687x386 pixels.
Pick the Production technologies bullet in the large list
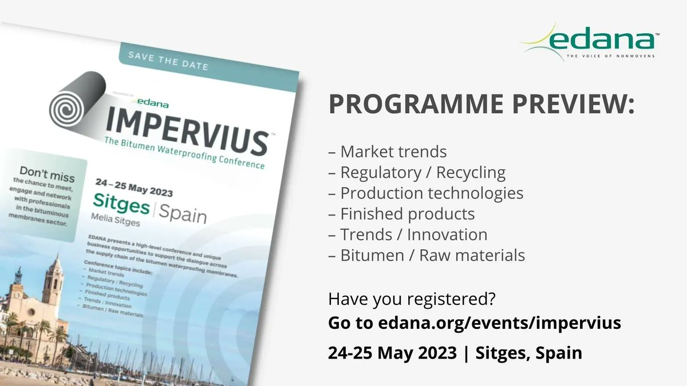(x=426, y=193)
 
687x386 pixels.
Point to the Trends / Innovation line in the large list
(x=408, y=234)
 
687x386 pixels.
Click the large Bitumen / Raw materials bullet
(x=427, y=255)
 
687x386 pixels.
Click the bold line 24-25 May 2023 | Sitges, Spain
(x=455, y=352)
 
